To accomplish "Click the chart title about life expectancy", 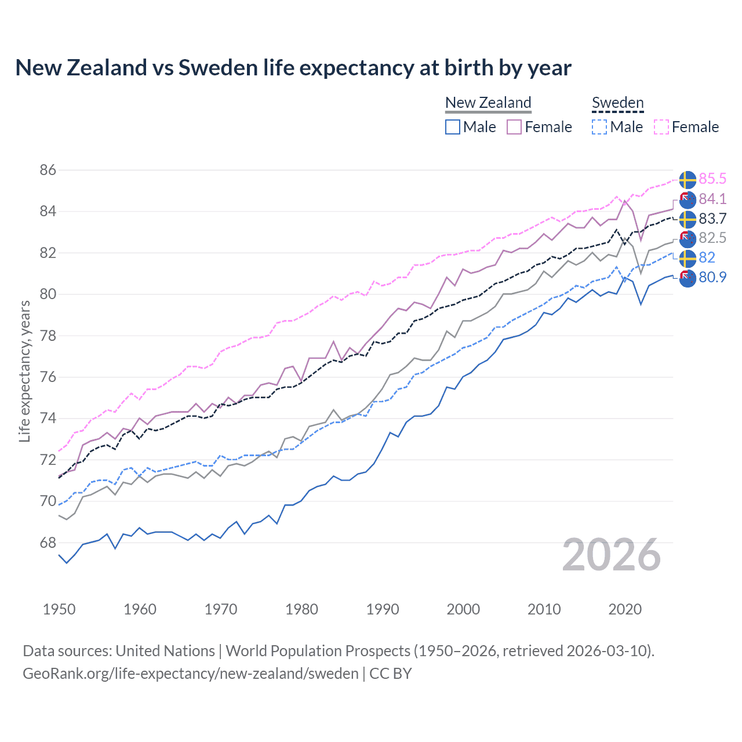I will (x=293, y=68).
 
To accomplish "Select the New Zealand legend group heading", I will (x=488, y=103).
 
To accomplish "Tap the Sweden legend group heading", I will (x=617, y=103).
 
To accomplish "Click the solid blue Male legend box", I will (x=453, y=127).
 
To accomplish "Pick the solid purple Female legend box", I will (x=514, y=127).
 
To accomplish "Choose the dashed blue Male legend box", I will (x=599, y=127).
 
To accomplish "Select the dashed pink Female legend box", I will (x=661, y=127).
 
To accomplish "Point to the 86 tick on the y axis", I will (x=48, y=170).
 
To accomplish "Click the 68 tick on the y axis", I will (x=48, y=543).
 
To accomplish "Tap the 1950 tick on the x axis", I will (x=59, y=609).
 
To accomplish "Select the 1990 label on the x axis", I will (x=383, y=609).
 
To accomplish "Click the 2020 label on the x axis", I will (x=625, y=609).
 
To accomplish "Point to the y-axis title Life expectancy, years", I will (x=25, y=371).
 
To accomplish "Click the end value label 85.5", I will (x=712, y=179).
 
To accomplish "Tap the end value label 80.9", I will (x=712, y=277).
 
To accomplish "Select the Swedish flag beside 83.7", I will (x=688, y=219).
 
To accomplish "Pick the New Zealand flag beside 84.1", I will (x=688, y=199).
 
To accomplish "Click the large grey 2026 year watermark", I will (x=612, y=555).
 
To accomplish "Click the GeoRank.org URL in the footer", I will (x=191, y=674).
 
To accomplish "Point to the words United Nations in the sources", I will (x=165, y=651).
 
